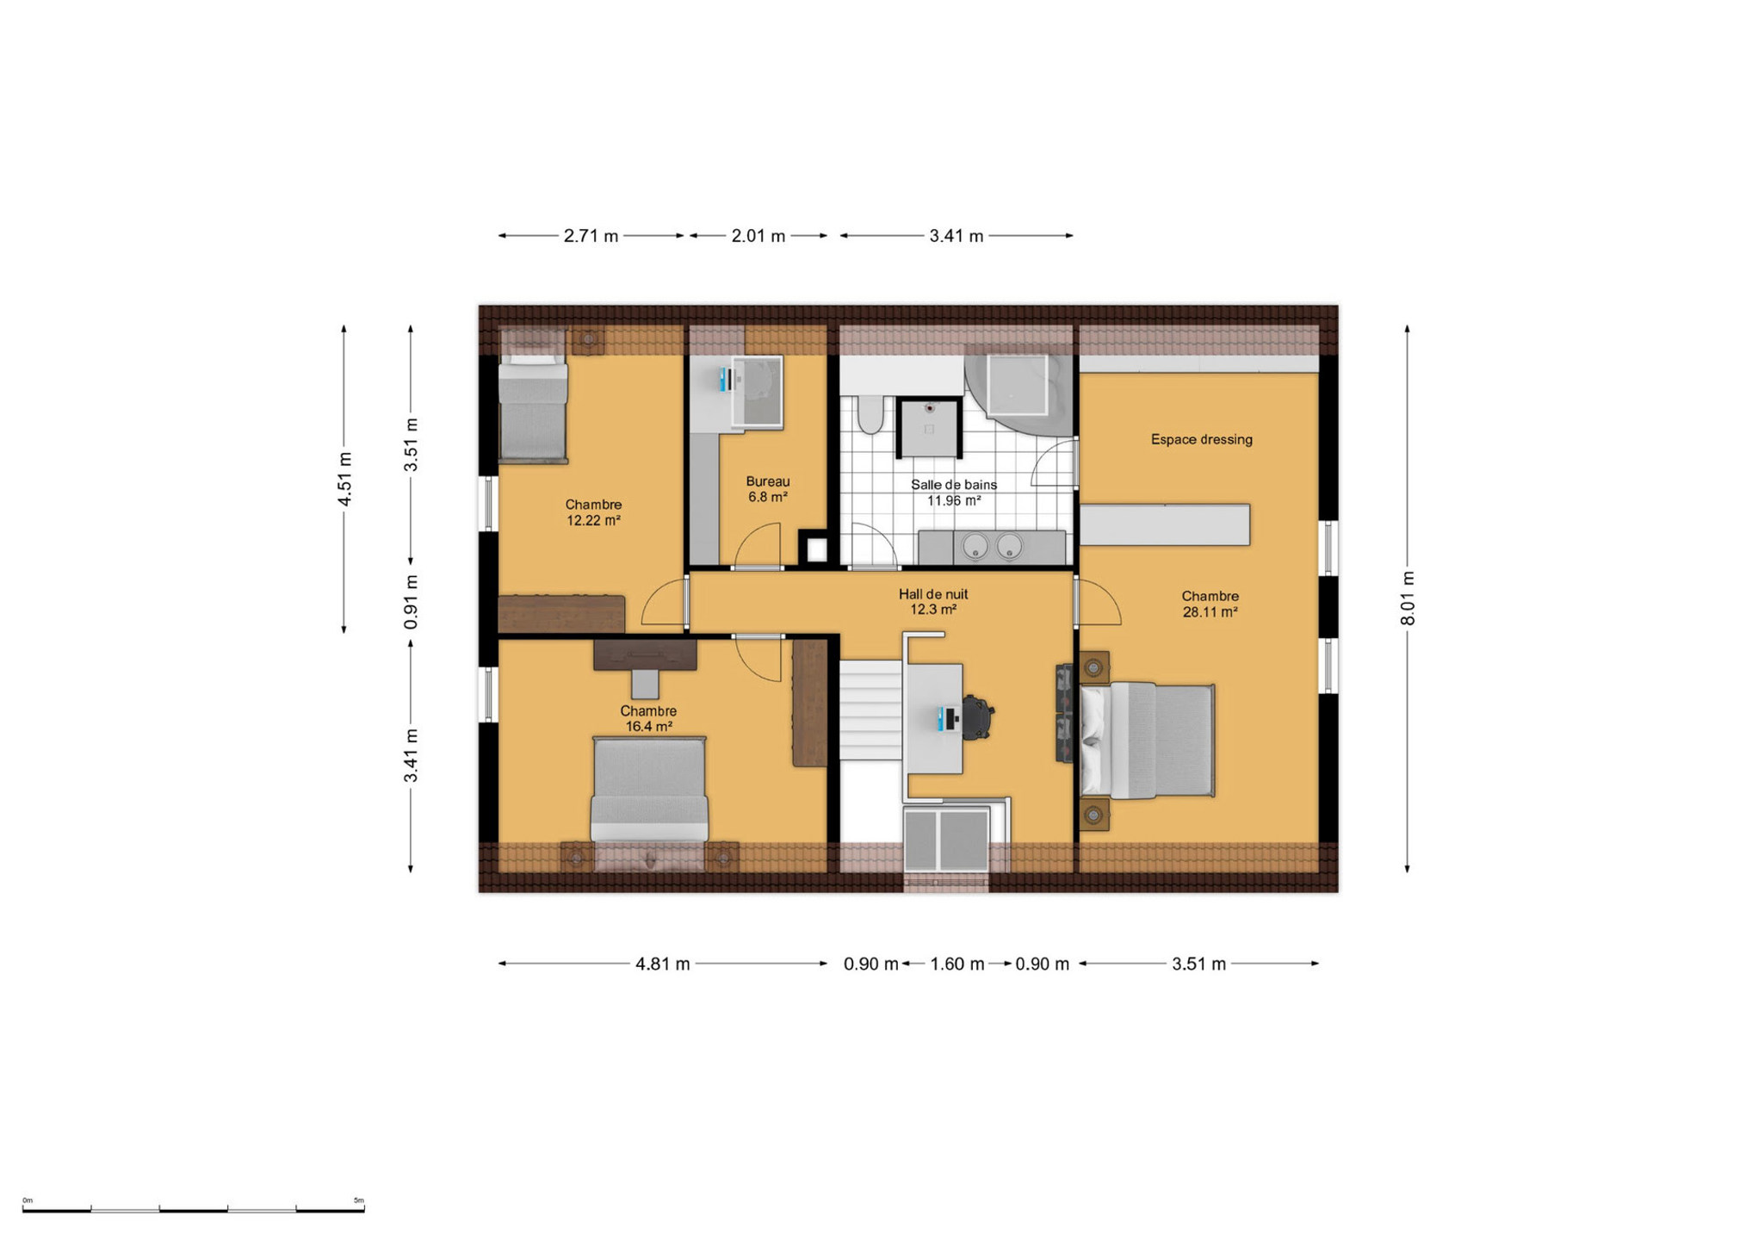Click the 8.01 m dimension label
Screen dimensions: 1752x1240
click(x=1408, y=599)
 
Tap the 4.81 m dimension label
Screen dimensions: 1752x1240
click(x=663, y=964)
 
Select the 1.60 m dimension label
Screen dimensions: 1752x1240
click(x=957, y=964)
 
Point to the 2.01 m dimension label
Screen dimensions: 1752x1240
click(x=758, y=236)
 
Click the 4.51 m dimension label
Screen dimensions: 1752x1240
click(x=344, y=479)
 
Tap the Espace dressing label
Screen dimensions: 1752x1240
click(x=1202, y=439)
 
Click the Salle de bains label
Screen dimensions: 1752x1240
click(x=954, y=485)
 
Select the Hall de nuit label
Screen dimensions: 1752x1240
click(x=933, y=594)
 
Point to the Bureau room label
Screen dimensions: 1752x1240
click(x=768, y=481)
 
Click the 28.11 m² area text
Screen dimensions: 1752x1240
click(x=1210, y=612)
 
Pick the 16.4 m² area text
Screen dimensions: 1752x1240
click(x=648, y=727)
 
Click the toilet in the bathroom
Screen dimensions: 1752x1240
click(x=870, y=414)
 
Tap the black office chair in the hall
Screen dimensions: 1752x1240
click(x=977, y=717)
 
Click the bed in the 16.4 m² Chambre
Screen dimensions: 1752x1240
click(x=649, y=789)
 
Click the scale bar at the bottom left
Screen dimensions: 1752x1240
click(x=194, y=1210)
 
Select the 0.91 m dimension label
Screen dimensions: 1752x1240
click(x=411, y=601)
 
